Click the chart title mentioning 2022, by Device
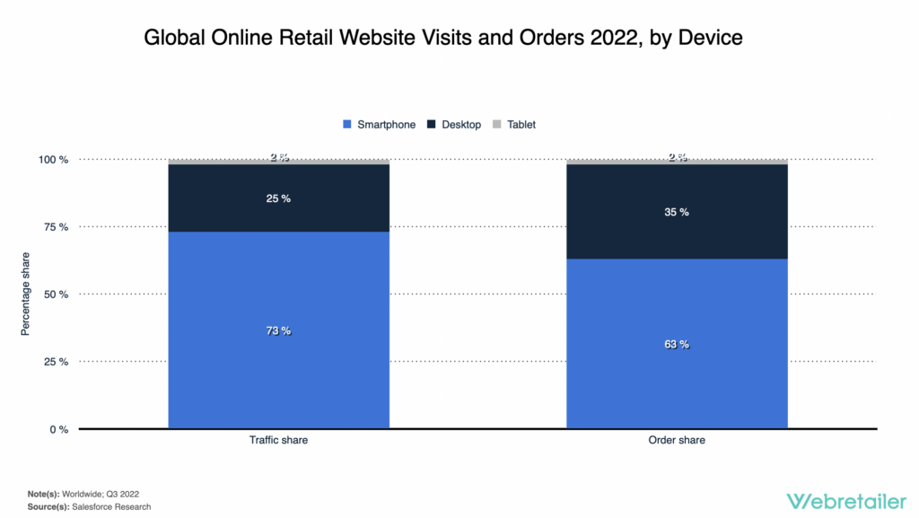(x=443, y=38)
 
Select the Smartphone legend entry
(x=379, y=125)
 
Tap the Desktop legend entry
(x=454, y=125)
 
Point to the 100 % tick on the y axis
(x=51, y=160)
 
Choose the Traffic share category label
(x=278, y=441)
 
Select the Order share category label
(x=677, y=441)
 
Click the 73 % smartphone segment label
(x=278, y=331)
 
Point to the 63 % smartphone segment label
(x=677, y=345)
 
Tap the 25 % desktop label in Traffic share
(x=278, y=198)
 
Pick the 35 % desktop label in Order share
(x=677, y=212)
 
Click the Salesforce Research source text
(x=112, y=507)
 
